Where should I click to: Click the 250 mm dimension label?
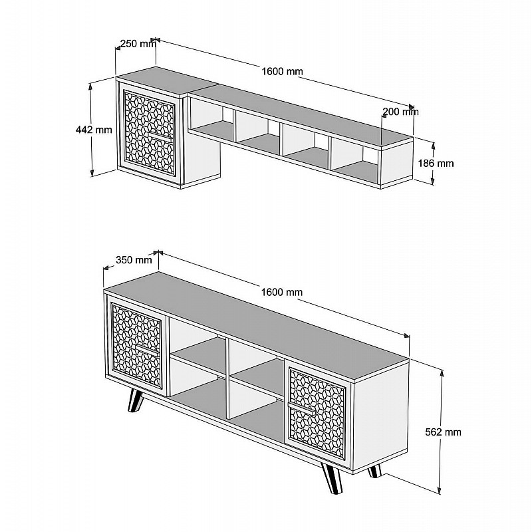(x=138, y=44)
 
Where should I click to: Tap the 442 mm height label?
(x=94, y=130)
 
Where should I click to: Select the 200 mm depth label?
(x=400, y=112)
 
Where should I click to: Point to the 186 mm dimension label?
(x=436, y=163)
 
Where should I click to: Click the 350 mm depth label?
(x=134, y=260)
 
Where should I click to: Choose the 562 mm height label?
(x=443, y=432)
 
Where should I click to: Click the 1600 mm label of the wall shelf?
(x=282, y=71)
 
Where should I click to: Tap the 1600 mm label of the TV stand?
(x=281, y=292)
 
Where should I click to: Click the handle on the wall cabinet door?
(x=160, y=136)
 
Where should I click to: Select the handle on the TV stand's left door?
(x=147, y=351)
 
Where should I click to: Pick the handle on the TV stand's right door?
(x=301, y=408)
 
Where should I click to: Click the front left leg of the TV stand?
(x=136, y=400)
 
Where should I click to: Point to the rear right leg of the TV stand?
(x=375, y=471)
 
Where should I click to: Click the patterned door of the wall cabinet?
(x=150, y=132)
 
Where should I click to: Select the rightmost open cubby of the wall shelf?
(x=354, y=159)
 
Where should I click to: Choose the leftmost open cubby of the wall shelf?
(x=211, y=120)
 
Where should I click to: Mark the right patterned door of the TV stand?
(x=317, y=412)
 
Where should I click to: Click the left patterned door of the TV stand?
(x=137, y=345)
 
